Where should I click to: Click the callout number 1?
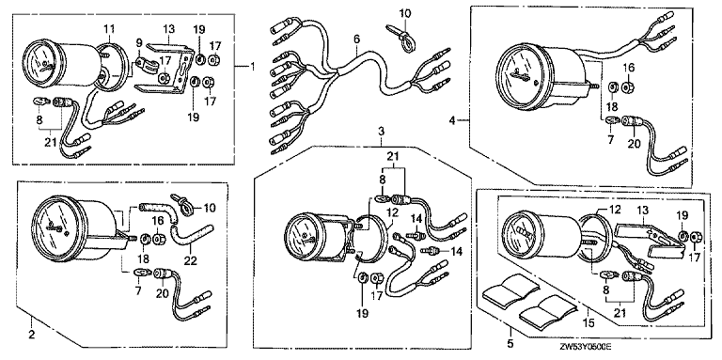[252, 67]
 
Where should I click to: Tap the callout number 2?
[31, 335]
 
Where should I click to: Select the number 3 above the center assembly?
[381, 132]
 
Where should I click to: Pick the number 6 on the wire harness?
[356, 40]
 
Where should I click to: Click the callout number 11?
[109, 29]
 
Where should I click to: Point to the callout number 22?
[190, 261]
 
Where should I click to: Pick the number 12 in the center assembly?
[392, 213]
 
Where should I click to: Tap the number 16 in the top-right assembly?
[628, 68]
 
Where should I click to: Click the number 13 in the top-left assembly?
[169, 30]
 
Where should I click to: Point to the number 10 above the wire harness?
[405, 13]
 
